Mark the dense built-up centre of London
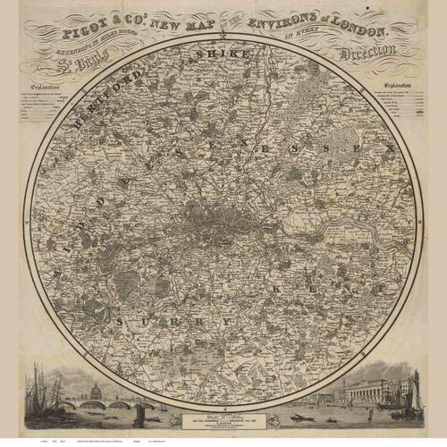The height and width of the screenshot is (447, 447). click(215, 219)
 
